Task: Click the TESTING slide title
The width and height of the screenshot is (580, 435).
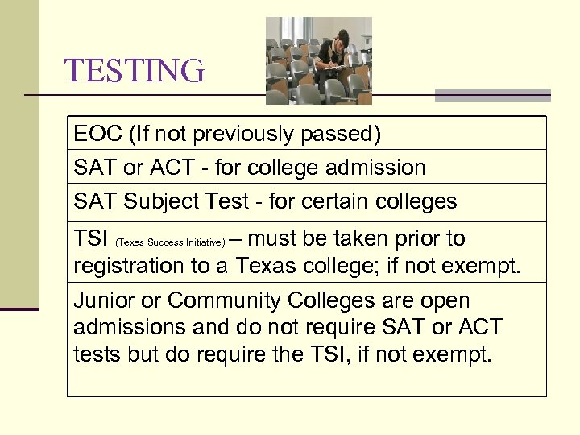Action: pyautogui.click(x=135, y=71)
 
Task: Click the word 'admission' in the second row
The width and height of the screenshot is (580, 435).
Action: pyautogui.click(x=375, y=168)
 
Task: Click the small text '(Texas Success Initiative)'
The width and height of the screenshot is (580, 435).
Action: pyautogui.click(x=171, y=242)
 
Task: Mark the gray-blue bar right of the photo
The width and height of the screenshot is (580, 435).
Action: pyautogui.click(x=492, y=95)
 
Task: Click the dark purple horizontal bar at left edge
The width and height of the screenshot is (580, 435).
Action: pyautogui.click(x=19, y=309)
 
